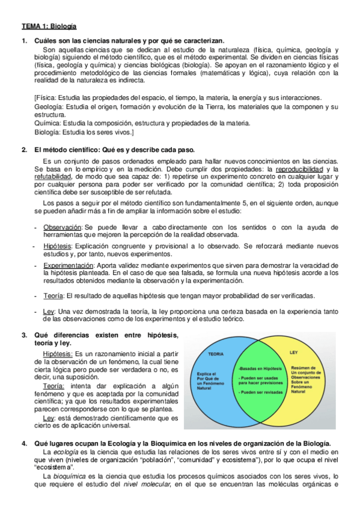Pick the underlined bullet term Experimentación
coord(69,265)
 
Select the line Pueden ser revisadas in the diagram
coord(259,392)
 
